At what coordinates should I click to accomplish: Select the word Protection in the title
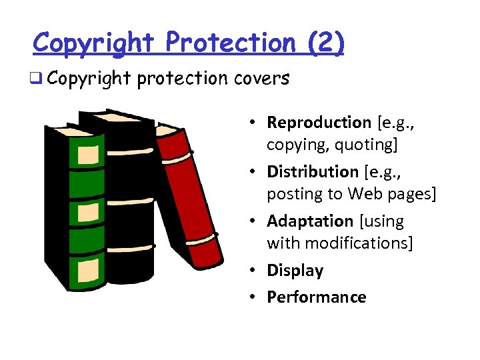tap(230, 43)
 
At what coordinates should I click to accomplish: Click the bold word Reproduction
tap(319, 123)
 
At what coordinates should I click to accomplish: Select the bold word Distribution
tap(313, 172)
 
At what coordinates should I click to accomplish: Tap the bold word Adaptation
tap(310, 221)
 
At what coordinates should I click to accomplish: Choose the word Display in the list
tap(295, 271)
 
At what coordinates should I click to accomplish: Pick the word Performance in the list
tap(316, 297)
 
